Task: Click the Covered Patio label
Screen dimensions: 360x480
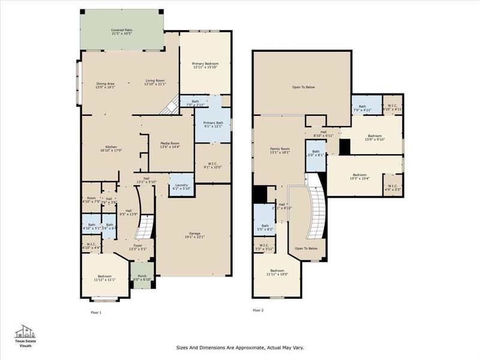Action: (x=122, y=32)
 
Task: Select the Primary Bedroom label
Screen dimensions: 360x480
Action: (x=205, y=65)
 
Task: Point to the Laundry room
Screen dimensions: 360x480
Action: (x=181, y=186)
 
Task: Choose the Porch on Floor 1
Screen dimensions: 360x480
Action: (x=143, y=278)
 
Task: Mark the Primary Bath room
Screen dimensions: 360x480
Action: (x=212, y=124)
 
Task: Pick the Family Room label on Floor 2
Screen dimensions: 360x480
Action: (x=280, y=150)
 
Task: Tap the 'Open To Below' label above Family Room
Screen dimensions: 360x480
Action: (x=303, y=87)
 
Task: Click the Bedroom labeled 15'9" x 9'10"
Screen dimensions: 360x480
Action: (x=375, y=137)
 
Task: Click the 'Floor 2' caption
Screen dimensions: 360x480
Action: (x=258, y=310)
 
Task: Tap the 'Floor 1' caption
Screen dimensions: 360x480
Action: (x=95, y=313)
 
